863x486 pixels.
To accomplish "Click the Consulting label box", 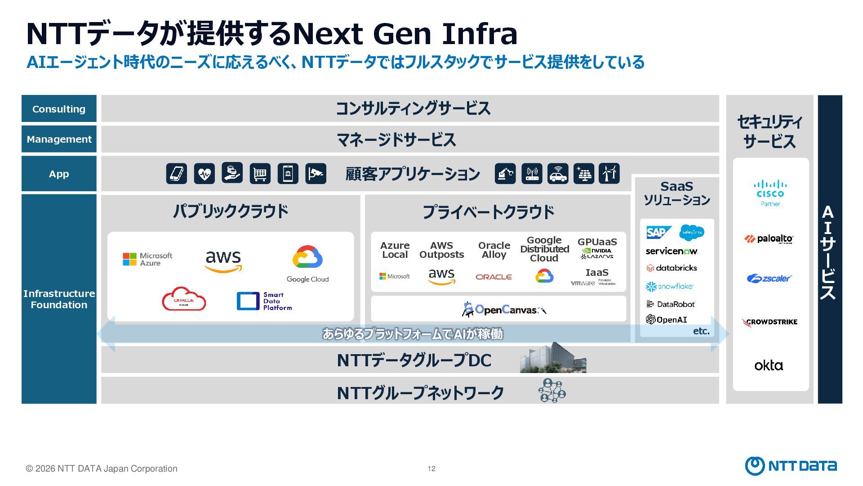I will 59,109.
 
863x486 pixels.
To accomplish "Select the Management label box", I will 59,139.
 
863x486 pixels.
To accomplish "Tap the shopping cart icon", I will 260,173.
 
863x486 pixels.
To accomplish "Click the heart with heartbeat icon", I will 205,173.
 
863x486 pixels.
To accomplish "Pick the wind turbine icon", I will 609,173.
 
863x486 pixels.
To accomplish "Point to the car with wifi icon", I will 558,173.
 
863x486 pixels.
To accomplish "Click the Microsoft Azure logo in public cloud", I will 147,259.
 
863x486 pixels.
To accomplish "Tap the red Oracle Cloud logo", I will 184,299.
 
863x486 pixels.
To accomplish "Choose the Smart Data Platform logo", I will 264,301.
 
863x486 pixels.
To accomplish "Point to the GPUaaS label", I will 597,242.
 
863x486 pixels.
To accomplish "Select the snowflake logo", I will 670,286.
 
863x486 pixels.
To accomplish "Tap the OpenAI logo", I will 667,319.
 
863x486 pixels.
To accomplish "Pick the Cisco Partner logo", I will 770,193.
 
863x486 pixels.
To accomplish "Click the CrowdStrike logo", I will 770,322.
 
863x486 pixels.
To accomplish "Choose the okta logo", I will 769,365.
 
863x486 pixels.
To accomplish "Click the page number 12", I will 431,468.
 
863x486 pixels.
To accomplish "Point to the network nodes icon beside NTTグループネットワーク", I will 552,391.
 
